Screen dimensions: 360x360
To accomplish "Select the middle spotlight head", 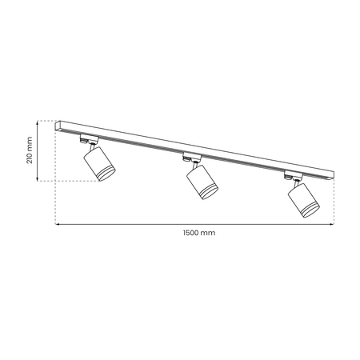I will pyautogui.click(x=202, y=182).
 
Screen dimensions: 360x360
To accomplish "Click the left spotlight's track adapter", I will pyautogui.click(x=85, y=140).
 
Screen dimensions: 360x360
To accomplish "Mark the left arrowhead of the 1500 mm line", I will pyautogui.click(x=57, y=225).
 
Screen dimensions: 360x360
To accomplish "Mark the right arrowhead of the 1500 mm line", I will pyautogui.click(x=334, y=225).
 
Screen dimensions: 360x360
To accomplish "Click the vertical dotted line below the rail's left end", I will pyautogui.click(x=55, y=184).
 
